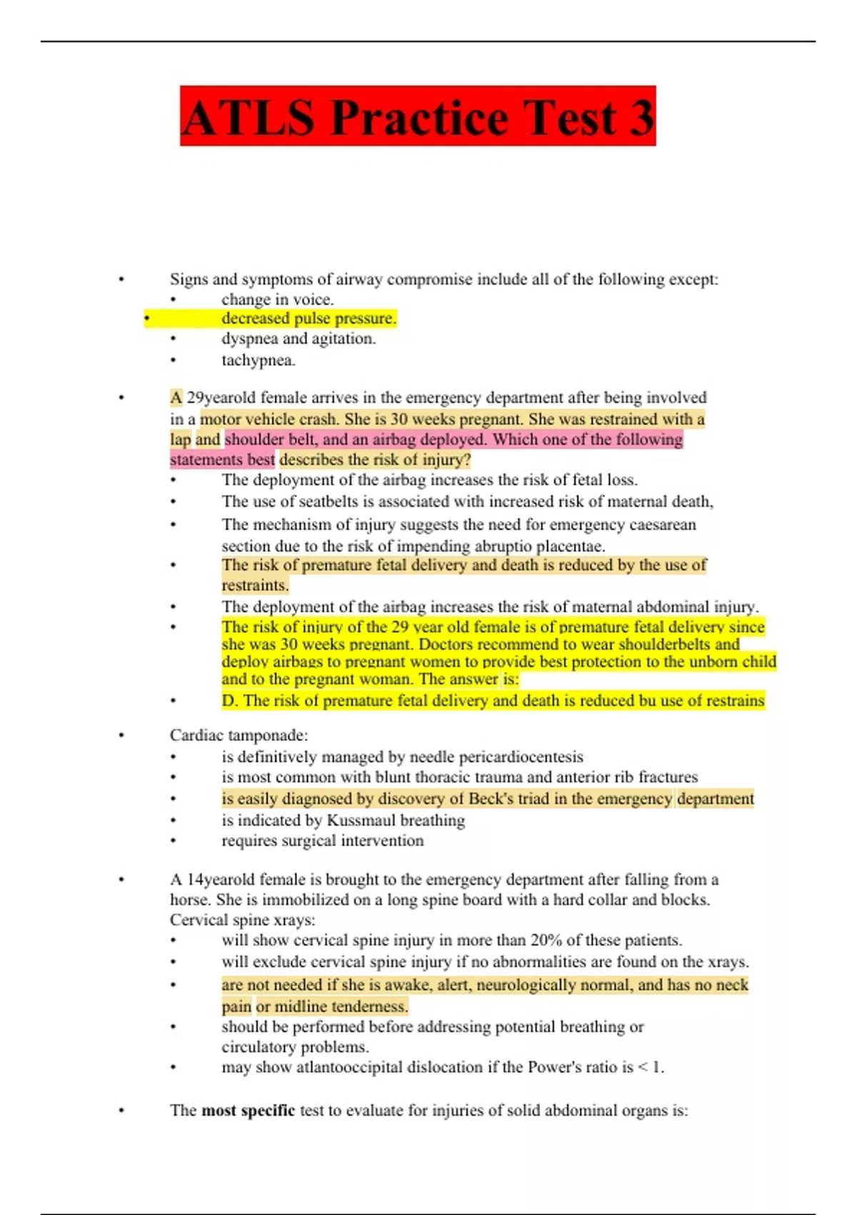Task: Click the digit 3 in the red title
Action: click(641, 117)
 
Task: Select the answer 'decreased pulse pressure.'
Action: click(309, 318)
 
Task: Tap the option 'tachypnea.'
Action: click(258, 360)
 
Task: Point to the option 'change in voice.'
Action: click(277, 299)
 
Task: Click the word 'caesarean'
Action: click(662, 525)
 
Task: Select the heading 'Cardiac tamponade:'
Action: click(239, 735)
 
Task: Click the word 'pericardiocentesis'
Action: click(521, 757)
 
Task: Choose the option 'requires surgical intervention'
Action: click(322, 840)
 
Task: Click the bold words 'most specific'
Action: click(248, 1110)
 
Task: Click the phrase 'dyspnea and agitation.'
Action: click(299, 339)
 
